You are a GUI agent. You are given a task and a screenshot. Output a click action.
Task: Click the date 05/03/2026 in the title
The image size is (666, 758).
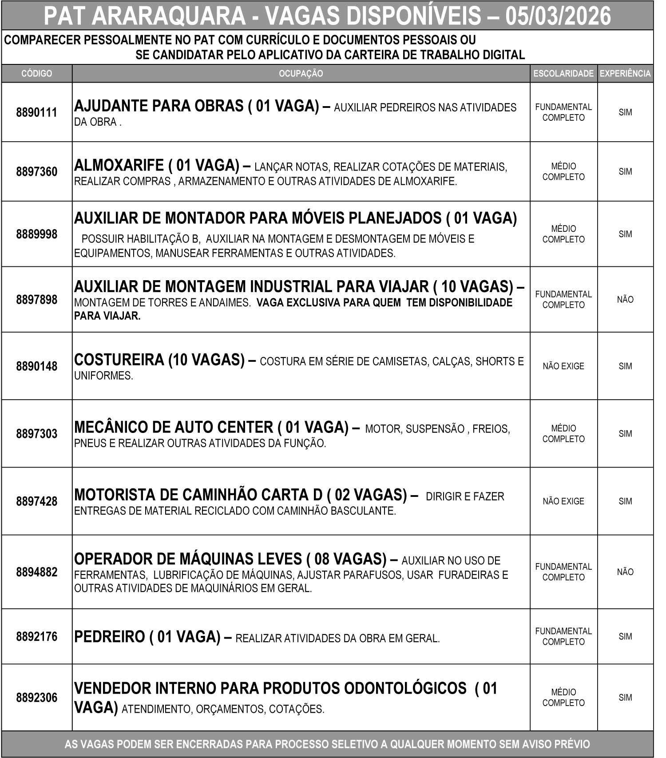point(558,17)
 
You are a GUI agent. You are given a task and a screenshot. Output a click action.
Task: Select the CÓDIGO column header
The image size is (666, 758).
point(36,74)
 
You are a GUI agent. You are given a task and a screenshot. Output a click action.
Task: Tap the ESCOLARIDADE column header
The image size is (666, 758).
point(563,74)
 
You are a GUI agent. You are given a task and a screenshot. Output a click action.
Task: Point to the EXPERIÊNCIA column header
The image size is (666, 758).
point(625,74)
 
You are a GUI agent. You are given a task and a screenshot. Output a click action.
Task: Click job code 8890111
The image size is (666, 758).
point(36,112)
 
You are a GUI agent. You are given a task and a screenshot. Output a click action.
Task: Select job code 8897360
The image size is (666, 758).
point(36,172)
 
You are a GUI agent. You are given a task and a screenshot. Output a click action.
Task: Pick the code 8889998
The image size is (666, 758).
point(36,234)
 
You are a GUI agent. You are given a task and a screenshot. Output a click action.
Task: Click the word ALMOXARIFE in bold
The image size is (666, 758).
point(119,166)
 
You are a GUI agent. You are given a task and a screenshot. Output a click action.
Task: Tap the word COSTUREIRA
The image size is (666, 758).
point(119,360)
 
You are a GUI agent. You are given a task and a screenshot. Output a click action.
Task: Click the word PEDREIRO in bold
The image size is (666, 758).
point(109,637)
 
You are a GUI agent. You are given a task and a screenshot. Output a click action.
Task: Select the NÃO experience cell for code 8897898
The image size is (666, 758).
point(625,300)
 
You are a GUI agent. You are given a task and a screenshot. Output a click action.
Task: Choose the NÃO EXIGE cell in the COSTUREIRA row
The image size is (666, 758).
point(563,366)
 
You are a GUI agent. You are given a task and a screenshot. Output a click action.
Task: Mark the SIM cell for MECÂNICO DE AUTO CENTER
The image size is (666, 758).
point(625,434)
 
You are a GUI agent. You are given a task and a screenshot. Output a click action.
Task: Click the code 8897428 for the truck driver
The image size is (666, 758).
point(36,501)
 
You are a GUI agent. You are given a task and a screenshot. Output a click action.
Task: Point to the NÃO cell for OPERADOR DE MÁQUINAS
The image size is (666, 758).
point(625,572)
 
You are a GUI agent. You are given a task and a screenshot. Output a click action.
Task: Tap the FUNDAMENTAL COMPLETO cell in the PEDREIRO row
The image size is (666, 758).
point(563,636)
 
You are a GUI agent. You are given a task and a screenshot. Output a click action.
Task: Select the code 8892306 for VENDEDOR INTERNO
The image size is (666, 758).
point(36,698)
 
